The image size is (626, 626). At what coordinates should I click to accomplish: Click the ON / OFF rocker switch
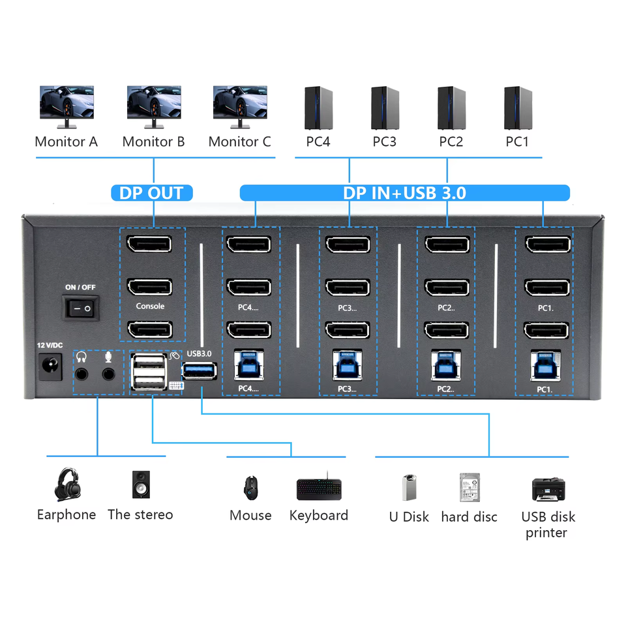point(82,306)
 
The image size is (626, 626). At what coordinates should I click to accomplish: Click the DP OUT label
point(152,193)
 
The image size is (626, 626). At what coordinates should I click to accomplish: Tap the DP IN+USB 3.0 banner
point(404,193)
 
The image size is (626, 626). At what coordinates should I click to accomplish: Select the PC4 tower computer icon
point(318,108)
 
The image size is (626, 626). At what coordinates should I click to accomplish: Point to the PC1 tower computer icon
point(518,108)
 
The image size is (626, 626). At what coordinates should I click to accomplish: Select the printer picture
point(548,488)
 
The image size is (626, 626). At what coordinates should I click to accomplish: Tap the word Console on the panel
point(150,306)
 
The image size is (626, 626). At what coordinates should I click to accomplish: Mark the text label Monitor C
point(239,142)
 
